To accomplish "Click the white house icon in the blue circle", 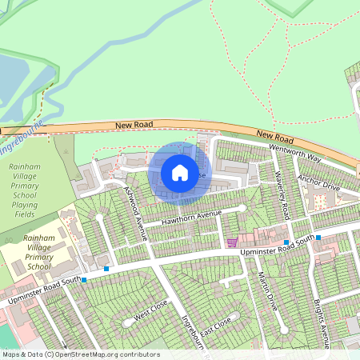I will click(x=180, y=172).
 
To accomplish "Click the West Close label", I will click(x=151, y=310).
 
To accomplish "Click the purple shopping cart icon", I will click(x=232, y=242).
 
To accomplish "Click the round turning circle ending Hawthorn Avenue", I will click(x=242, y=208).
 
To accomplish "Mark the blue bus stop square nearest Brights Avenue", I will click(x=318, y=238).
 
